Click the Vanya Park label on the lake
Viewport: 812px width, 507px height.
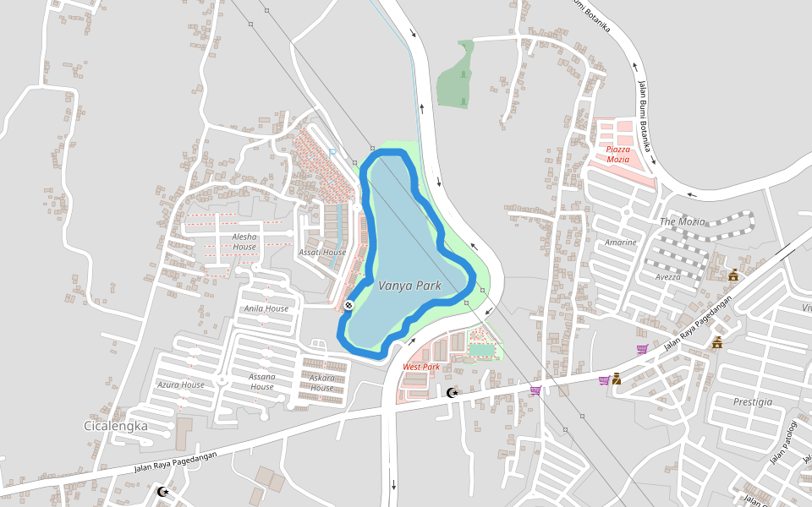click(x=409, y=286)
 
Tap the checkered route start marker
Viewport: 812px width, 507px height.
click(x=348, y=304)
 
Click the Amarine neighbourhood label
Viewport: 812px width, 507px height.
click(x=620, y=243)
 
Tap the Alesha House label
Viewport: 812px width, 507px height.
click(x=244, y=242)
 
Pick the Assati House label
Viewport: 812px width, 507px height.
click(x=322, y=252)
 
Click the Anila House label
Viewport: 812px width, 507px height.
click(x=266, y=308)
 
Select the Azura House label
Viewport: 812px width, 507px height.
click(x=181, y=384)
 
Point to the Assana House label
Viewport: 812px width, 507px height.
click(x=262, y=381)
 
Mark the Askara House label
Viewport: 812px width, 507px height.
click(x=321, y=383)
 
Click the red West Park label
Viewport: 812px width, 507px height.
click(x=420, y=367)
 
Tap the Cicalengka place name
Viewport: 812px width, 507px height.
click(x=116, y=426)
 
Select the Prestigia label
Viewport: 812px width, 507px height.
click(x=753, y=402)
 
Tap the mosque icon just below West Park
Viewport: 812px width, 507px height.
click(x=452, y=392)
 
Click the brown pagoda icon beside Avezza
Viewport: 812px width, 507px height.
click(x=733, y=274)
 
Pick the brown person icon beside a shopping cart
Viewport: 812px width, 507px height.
click(x=617, y=379)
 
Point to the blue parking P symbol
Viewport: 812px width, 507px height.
click(x=332, y=151)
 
